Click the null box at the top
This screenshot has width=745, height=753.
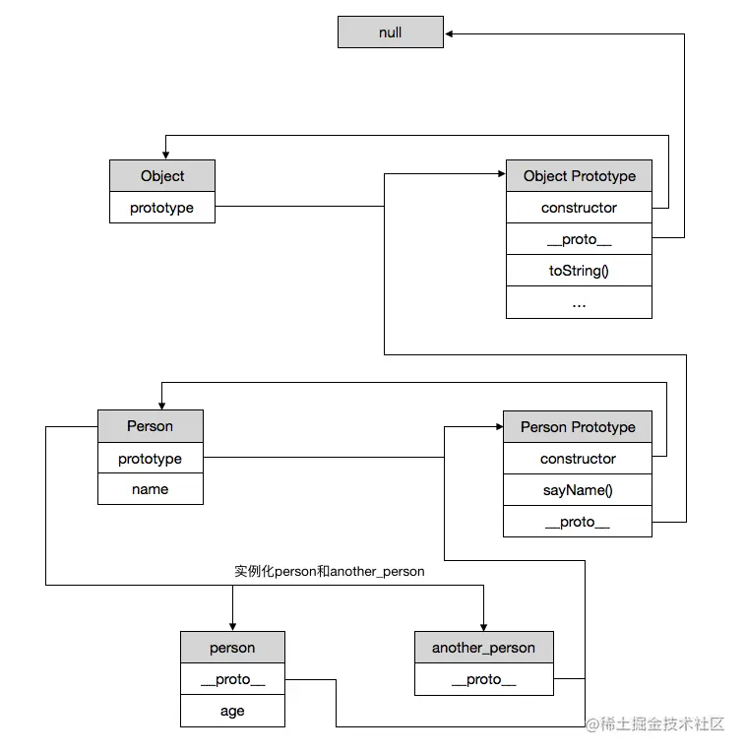(x=391, y=32)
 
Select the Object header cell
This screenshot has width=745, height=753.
(x=162, y=176)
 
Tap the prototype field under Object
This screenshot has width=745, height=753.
(x=162, y=208)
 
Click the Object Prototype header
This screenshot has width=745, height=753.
(x=579, y=176)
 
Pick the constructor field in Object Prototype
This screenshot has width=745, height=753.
(x=579, y=208)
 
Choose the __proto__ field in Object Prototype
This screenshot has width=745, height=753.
(x=579, y=239)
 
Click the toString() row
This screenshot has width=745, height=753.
(x=579, y=271)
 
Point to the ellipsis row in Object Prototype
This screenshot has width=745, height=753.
(x=579, y=302)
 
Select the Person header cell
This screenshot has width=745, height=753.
(x=151, y=426)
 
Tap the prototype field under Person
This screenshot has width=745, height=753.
(x=151, y=459)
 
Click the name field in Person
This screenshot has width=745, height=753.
(x=151, y=489)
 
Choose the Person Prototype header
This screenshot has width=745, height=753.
(x=578, y=427)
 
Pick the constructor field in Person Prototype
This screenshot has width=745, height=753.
(x=578, y=459)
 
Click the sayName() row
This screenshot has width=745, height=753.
(x=578, y=490)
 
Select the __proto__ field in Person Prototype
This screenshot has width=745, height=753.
(x=578, y=522)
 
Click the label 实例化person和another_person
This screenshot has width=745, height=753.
(x=330, y=571)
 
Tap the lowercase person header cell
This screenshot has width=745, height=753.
(x=232, y=648)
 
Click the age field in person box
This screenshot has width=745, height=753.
(x=232, y=711)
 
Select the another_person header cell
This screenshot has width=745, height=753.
(x=483, y=648)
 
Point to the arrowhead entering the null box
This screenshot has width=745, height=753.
(x=450, y=32)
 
